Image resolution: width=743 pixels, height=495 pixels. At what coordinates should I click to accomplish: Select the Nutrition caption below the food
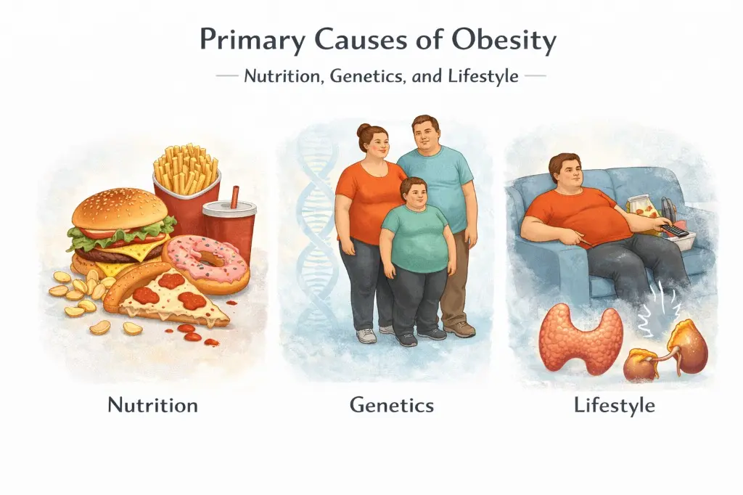coord(152,404)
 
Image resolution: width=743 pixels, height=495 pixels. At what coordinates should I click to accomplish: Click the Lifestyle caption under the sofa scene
coord(614,404)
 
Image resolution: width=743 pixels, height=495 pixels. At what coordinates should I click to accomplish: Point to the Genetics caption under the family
coord(392,404)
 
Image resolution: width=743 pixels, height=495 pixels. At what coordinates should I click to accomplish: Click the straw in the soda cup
coord(234,197)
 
